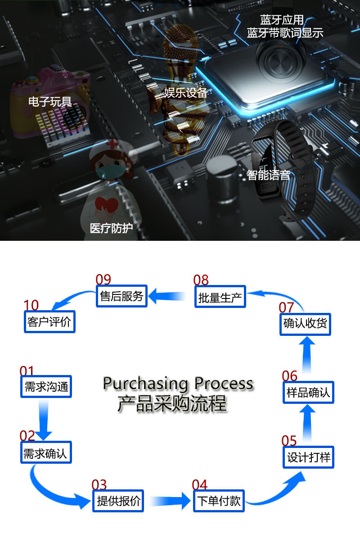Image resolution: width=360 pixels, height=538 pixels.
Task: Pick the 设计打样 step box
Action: pos(309,457)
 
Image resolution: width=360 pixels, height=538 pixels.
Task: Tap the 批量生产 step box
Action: pos(220,297)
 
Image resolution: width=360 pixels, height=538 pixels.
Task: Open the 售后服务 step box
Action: pos(121,296)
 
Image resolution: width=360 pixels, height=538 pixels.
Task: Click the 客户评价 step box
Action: pos(49,322)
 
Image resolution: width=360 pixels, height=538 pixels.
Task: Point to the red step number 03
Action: pos(99,485)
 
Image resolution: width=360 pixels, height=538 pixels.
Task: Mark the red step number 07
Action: pos(286,307)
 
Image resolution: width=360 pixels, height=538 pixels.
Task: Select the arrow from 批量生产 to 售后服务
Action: pos(167,296)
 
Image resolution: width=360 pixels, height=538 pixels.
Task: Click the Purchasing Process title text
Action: pos(178,384)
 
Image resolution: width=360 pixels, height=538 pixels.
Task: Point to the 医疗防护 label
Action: pos(111,228)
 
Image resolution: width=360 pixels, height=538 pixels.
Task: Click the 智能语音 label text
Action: pos(268,175)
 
